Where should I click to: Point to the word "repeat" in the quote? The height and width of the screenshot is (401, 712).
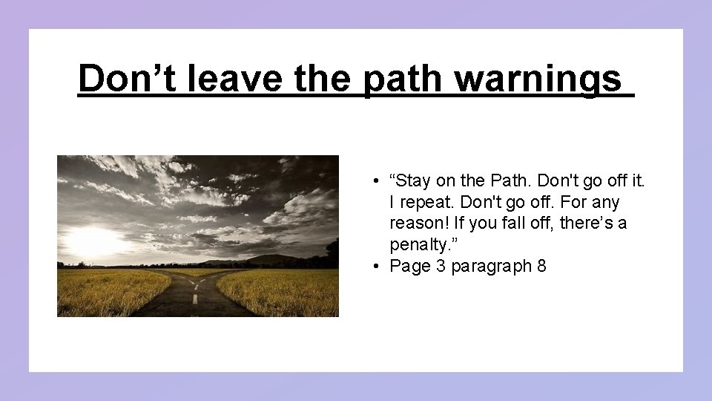pos(425,202)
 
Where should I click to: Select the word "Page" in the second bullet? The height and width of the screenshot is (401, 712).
pos(410,266)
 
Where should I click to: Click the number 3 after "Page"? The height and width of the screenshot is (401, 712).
pos(441,266)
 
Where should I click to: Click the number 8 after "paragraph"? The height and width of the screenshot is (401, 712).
pos(541,266)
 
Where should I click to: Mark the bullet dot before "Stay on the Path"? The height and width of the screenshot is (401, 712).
pos(378,181)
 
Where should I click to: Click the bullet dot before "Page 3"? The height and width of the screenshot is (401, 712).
pos(378,267)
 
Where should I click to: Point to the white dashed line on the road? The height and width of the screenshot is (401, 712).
pos(195,299)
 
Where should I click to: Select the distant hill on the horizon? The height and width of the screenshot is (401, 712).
pos(271,258)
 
